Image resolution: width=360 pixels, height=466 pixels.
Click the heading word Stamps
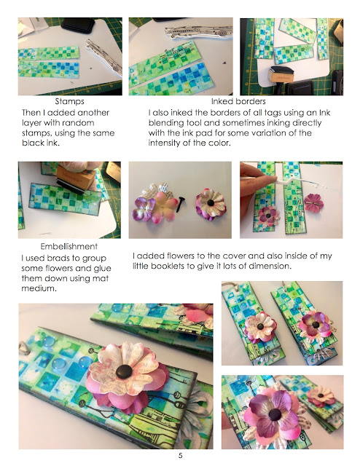coord(69,101)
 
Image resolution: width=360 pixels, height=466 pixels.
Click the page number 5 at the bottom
coord(180,455)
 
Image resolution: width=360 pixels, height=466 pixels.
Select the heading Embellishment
coord(69,246)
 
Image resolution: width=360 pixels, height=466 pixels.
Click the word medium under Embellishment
coord(39,288)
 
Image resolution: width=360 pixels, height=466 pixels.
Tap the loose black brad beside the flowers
coord(180,204)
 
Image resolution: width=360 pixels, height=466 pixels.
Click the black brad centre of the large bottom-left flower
coord(125,371)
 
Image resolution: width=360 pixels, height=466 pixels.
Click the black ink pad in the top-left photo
coord(78,25)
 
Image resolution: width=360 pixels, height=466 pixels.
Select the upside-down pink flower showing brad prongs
coord(313,202)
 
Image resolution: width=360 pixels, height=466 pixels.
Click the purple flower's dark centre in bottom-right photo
coord(275,414)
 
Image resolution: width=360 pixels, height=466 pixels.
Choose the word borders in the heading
coord(251,101)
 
